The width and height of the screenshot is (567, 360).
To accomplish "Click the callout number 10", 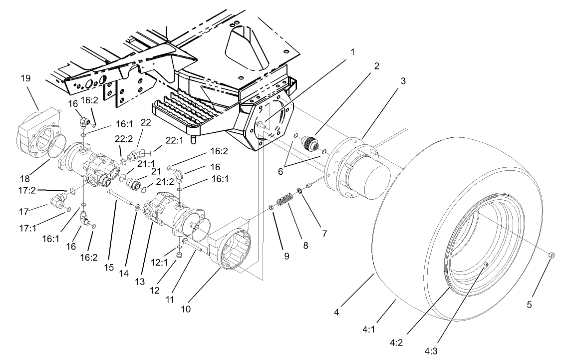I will pos(186,309).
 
